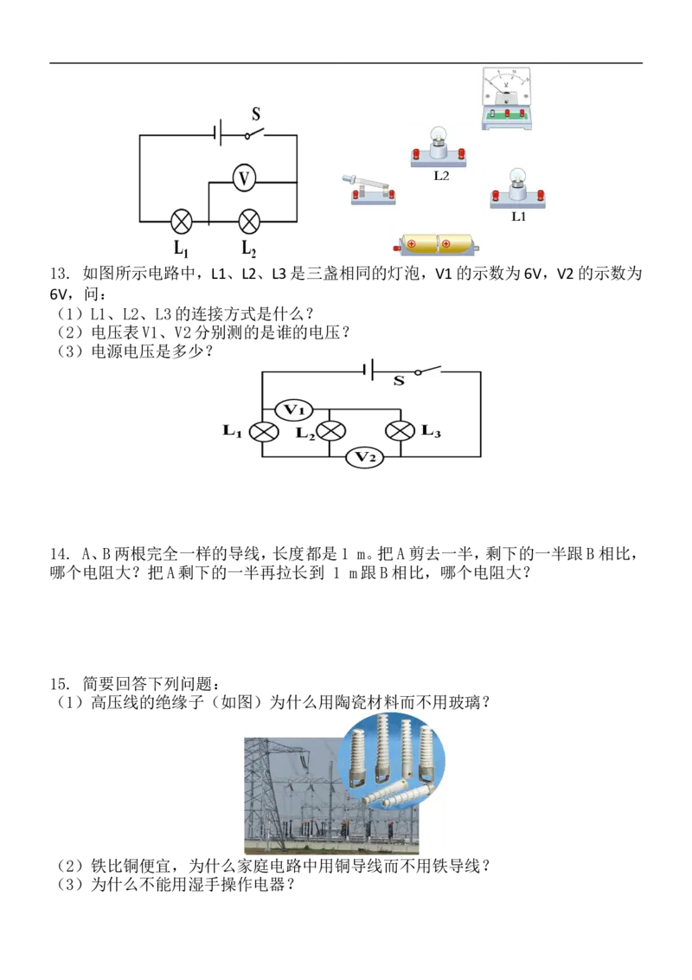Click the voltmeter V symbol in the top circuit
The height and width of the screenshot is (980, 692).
pyautogui.click(x=244, y=179)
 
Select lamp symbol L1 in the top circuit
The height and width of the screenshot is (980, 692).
pyautogui.click(x=181, y=222)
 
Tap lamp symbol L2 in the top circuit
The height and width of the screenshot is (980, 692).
pyautogui.click(x=249, y=222)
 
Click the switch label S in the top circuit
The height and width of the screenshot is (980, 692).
pyautogui.click(x=256, y=114)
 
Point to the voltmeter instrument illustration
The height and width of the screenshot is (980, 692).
pyautogui.click(x=507, y=98)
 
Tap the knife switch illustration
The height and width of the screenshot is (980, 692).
pyautogui.click(x=369, y=190)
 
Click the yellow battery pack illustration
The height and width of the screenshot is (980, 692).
pyautogui.click(x=437, y=244)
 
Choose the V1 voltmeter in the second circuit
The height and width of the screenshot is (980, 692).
pyautogui.click(x=293, y=410)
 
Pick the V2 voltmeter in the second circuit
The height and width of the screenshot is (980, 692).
pyautogui.click(x=365, y=457)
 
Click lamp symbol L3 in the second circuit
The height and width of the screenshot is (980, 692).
pyautogui.click(x=400, y=431)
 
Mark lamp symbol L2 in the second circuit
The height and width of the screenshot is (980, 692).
pyautogui.click(x=330, y=431)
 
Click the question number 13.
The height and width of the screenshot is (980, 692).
pyautogui.click(x=59, y=274)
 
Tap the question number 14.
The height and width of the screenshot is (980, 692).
pyautogui.click(x=59, y=554)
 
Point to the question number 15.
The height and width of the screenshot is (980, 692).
pyautogui.click(x=59, y=684)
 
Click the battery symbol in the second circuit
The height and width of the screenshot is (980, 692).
pyautogui.click(x=368, y=371)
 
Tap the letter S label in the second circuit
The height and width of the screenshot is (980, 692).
pyautogui.click(x=399, y=381)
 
